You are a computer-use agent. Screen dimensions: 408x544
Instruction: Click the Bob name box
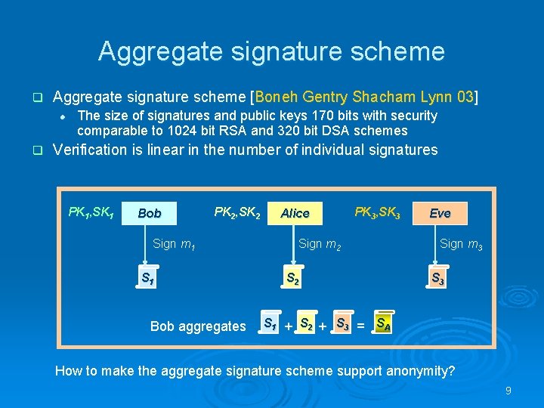pos(150,213)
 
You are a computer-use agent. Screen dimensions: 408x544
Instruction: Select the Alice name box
pos(295,213)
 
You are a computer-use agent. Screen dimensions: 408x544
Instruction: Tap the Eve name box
pos(440,213)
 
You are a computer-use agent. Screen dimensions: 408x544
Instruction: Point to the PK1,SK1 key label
pos(91,212)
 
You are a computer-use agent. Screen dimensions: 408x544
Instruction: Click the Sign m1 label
pos(175,243)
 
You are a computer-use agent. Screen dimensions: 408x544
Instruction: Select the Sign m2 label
pos(320,243)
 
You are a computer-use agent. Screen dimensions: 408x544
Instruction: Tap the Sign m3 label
pos(461,243)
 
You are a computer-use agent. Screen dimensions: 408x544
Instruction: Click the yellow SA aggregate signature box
pos(384,325)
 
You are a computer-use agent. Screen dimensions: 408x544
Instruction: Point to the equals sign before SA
pos(360,326)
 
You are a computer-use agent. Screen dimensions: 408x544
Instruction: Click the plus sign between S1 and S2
pos(287,326)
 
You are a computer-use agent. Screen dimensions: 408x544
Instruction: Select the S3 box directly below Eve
pos(437,278)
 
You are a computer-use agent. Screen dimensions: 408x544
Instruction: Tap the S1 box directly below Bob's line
pos(148,277)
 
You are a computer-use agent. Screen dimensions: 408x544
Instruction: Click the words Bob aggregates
pos(198,326)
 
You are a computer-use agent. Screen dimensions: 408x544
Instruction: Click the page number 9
pos(508,391)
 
